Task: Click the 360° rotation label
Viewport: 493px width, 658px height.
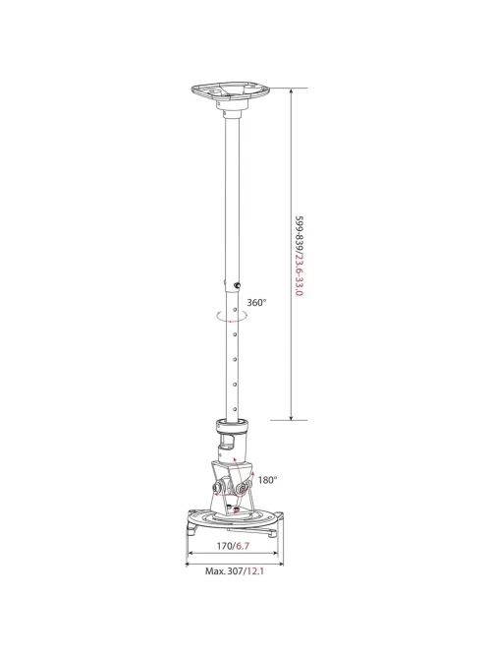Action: click(x=256, y=302)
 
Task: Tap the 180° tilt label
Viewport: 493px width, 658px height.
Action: click(x=268, y=480)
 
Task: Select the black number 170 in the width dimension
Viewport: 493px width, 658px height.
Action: click(x=224, y=546)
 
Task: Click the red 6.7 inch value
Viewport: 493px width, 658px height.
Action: click(x=243, y=546)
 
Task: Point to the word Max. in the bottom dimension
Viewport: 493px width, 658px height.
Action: click(x=215, y=571)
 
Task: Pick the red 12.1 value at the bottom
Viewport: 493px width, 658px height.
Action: click(x=255, y=571)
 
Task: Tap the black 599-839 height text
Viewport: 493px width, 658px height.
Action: click(x=300, y=233)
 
